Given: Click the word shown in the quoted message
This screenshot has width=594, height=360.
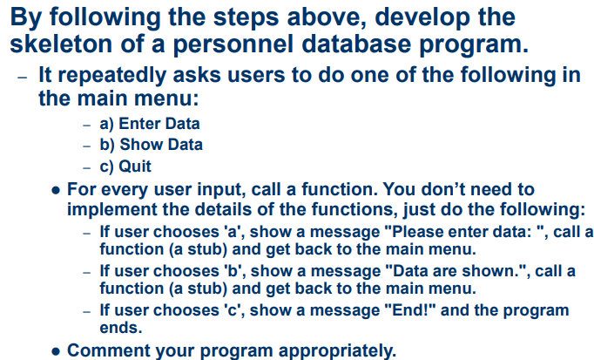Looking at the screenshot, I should point(490,272).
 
